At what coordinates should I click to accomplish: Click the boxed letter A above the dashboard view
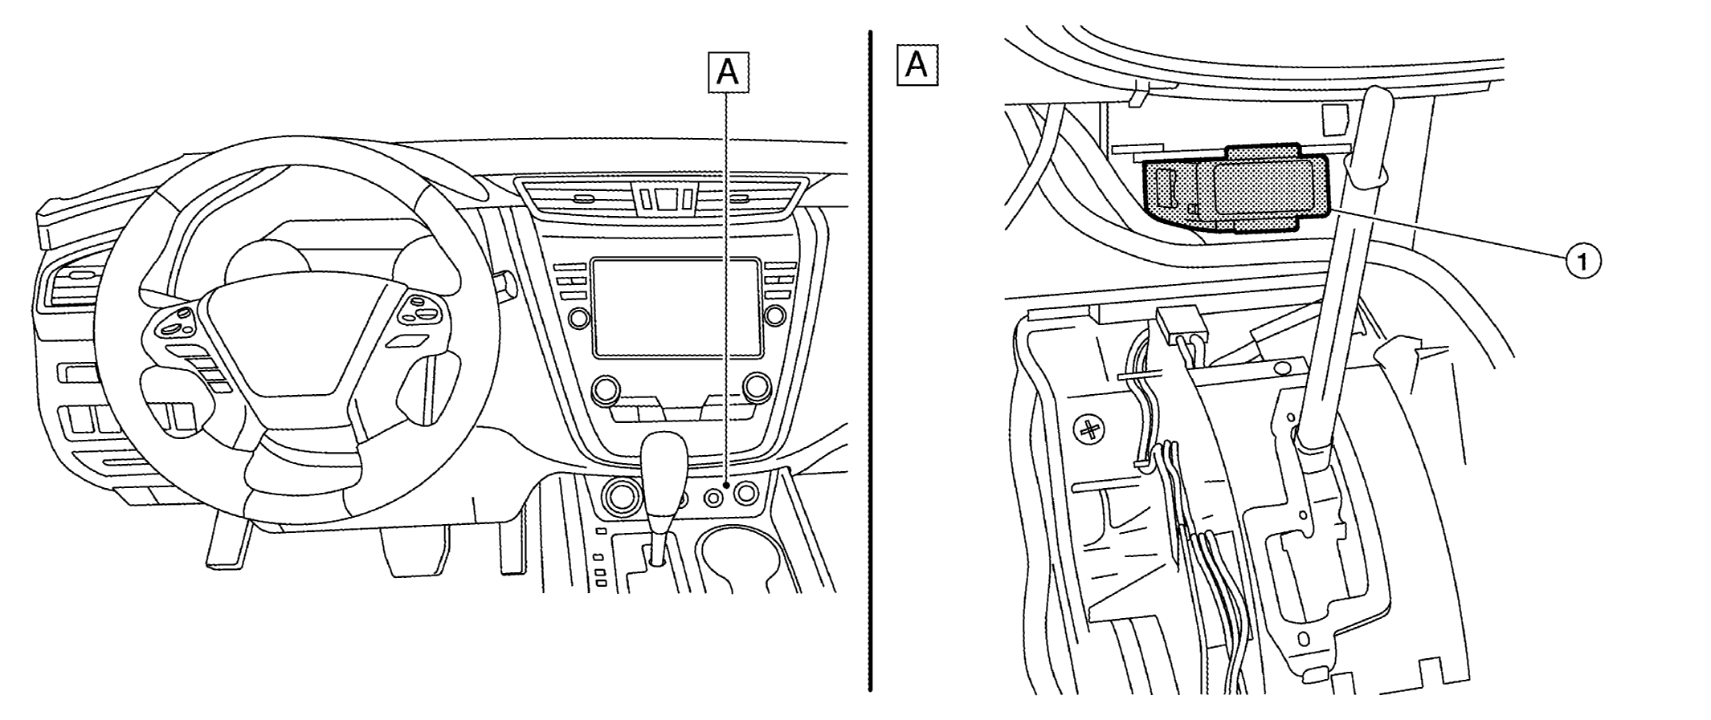[727, 71]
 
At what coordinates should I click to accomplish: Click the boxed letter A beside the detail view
[917, 65]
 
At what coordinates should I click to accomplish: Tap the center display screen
[676, 307]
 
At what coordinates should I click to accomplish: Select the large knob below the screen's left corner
[604, 391]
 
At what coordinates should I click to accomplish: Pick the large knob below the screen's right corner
[756, 388]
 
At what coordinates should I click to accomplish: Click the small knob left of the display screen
[578, 318]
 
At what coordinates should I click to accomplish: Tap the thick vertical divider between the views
[870, 361]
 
